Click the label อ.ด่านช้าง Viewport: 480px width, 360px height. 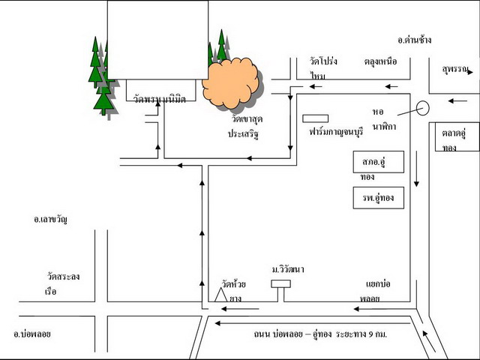(415, 40)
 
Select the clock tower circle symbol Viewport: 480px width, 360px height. (422, 108)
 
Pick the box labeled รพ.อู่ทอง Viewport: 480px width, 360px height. (379, 198)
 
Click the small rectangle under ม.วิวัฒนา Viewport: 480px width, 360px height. (280, 283)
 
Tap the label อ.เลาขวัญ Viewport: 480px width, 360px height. (50, 219)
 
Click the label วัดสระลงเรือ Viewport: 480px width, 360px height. (61, 283)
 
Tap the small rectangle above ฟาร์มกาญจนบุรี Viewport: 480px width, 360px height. (310, 118)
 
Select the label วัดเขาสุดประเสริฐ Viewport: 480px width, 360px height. (247, 125)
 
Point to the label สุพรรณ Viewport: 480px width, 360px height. (454, 69)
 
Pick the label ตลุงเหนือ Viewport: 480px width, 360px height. (381, 61)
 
